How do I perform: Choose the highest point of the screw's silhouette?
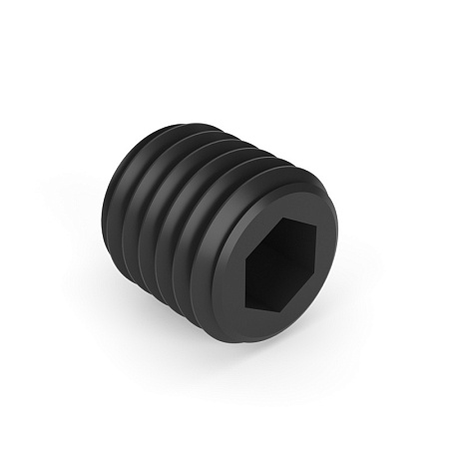(190, 118)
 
